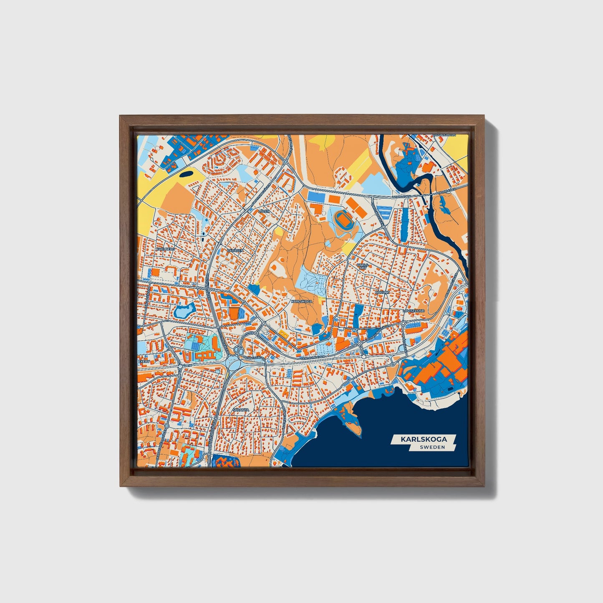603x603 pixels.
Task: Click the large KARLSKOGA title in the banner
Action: point(424,439)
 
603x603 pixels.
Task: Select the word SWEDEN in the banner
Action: point(432,447)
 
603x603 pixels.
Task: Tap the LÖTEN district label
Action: point(264,212)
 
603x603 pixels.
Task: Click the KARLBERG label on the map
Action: point(164,249)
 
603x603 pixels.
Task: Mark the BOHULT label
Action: point(382,293)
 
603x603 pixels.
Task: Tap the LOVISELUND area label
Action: point(414,311)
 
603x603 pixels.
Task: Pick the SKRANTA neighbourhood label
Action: point(241,410)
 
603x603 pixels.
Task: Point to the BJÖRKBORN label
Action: point(445,135)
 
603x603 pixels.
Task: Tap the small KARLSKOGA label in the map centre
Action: point(302,301)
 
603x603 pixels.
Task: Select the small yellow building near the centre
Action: point(283,333)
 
